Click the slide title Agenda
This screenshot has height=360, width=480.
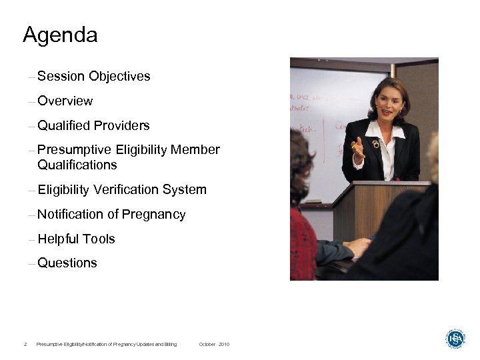click(60, 35)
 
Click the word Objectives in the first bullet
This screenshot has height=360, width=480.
click(119, 77)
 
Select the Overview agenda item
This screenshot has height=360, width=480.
click(65, 101)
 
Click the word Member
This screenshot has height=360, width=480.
click(195, 150)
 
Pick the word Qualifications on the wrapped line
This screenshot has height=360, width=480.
click(77, 165)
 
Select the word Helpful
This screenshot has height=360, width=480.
click(58, 239)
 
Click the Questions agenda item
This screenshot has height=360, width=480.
click(67, 263)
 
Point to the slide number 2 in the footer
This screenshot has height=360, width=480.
click(25, 344)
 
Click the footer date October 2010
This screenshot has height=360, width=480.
click(214, 344)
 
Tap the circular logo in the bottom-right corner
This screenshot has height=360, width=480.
click(456, 339)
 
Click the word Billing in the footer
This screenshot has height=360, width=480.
click(170, 344)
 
